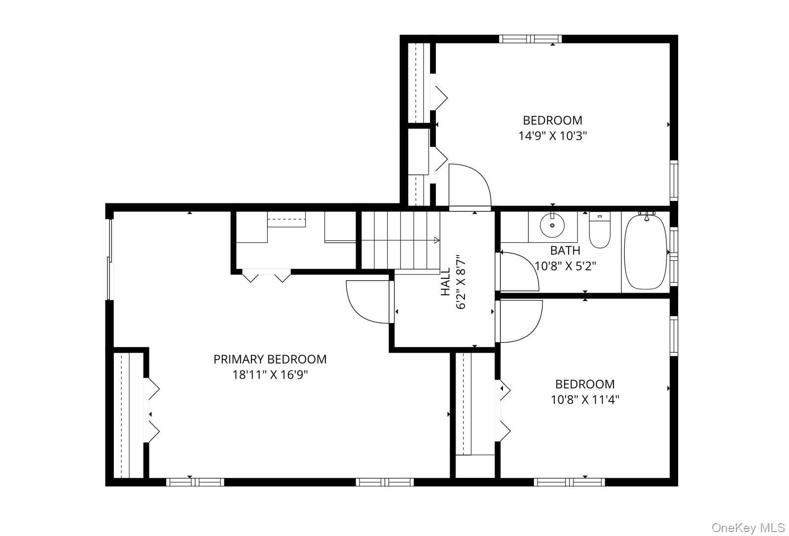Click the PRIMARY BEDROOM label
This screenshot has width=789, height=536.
coord(270,359)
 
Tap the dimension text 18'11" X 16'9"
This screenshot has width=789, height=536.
coord(270,375)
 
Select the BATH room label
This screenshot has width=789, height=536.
coord(565,251)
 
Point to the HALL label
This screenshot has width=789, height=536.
coord(446,282)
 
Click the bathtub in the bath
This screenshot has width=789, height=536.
coord(646,252)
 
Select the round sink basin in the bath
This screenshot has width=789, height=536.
coord(552,225)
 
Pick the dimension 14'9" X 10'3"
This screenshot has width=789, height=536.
coord(553,136)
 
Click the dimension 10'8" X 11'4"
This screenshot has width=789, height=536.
coord(585,400)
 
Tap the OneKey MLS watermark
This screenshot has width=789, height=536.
coord(748,528)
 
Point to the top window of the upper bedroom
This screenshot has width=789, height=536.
coord(531,39)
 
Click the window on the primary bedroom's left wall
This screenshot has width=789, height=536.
coord(110,259)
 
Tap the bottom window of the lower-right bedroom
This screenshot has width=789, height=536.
coord(570,482)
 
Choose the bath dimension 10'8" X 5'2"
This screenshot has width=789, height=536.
coord(565,266)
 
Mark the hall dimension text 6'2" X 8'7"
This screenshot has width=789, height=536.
coord(461,282)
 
